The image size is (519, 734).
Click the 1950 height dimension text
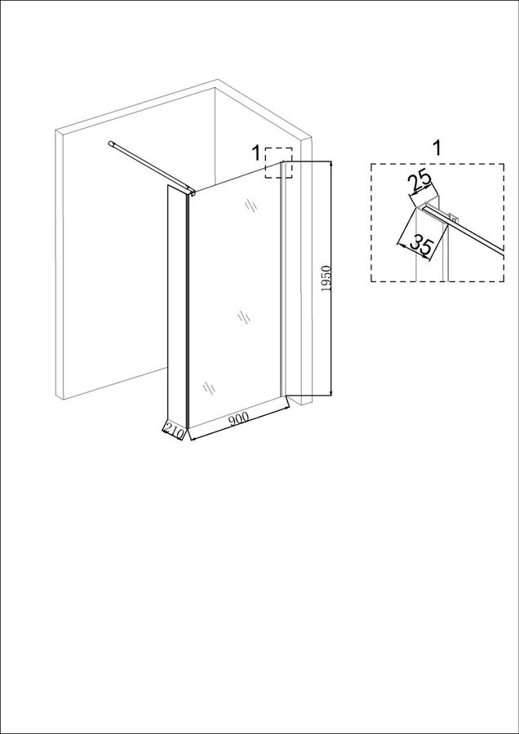(327, 279)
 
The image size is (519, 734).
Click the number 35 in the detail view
(419, 245)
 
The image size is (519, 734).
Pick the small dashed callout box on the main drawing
(278, 163)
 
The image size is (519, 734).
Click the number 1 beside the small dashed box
(255, 153)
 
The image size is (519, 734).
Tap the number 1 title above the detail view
(436, 148)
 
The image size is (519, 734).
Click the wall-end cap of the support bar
(111, 144)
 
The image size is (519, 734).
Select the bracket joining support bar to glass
(191, 190)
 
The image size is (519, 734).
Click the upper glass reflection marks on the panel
(251, 206)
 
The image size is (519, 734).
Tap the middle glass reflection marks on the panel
(243, 317)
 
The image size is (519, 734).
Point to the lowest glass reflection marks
(209, 387)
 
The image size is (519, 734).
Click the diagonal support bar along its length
(151, 166)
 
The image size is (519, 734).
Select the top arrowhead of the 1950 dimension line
(330, 165)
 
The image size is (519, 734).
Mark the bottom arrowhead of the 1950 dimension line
(330, 391)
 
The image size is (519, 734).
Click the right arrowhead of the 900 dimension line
(286, 410)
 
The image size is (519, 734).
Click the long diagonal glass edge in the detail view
(464, 232)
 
